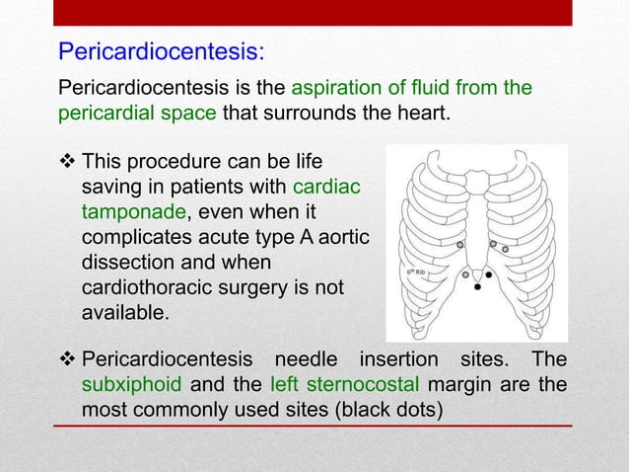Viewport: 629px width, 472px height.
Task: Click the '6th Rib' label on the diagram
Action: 416,271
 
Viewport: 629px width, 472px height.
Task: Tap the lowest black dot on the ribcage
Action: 477,288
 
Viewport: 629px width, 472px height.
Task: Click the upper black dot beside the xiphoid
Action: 488,275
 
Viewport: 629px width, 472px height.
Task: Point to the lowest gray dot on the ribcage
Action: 465,275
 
